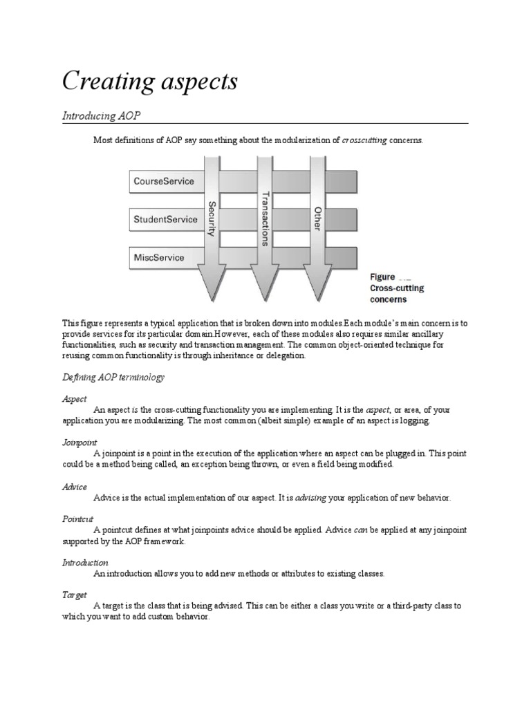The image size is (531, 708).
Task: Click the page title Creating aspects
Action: [150, 82]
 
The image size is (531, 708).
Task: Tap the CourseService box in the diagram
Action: [163, 182]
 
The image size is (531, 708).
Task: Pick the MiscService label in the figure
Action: [159, 258]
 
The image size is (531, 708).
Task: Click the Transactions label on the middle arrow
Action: [263, 218]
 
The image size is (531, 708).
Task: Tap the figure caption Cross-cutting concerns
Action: [397, 293]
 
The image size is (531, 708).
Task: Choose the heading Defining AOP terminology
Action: [113, 378]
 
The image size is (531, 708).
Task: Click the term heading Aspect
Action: [75, 400]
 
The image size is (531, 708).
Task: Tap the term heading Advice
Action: [75, 487]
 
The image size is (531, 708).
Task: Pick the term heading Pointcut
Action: [78, 518]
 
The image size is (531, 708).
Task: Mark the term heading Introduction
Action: [86, 563]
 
